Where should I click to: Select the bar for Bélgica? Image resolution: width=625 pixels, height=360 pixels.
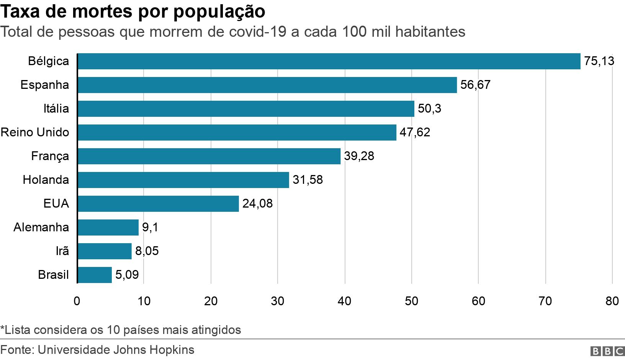[329, 61]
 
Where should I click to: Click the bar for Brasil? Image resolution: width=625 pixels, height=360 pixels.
[95, 275]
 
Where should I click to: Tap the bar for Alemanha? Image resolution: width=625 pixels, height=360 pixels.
[108, 227]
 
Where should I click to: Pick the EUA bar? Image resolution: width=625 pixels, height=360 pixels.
[158, 204]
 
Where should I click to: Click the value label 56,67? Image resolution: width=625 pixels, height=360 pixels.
[475, 85]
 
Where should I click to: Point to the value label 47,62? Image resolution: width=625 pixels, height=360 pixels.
[415, 133]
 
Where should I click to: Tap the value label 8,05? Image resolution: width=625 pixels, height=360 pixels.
[147, 251]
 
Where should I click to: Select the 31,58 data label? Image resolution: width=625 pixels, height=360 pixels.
[308, 180]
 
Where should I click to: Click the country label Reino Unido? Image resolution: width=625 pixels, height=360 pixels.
[35, 133]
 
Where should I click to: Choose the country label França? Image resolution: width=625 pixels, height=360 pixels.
[50, 156]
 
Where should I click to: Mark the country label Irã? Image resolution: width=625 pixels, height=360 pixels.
[62, 251]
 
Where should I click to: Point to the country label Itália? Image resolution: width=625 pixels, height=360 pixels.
[56, 109]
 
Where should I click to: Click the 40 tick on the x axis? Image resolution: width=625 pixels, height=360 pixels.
[344, 301]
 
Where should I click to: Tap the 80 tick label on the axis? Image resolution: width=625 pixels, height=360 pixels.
[612, 301]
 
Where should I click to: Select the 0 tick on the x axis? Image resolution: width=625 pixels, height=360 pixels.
[77, 301]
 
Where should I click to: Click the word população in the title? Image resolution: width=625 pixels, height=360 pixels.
[219, 11]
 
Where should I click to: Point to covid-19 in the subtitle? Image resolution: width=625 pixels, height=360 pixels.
[257, 32]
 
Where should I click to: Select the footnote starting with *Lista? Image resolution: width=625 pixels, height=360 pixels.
[121, 330]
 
